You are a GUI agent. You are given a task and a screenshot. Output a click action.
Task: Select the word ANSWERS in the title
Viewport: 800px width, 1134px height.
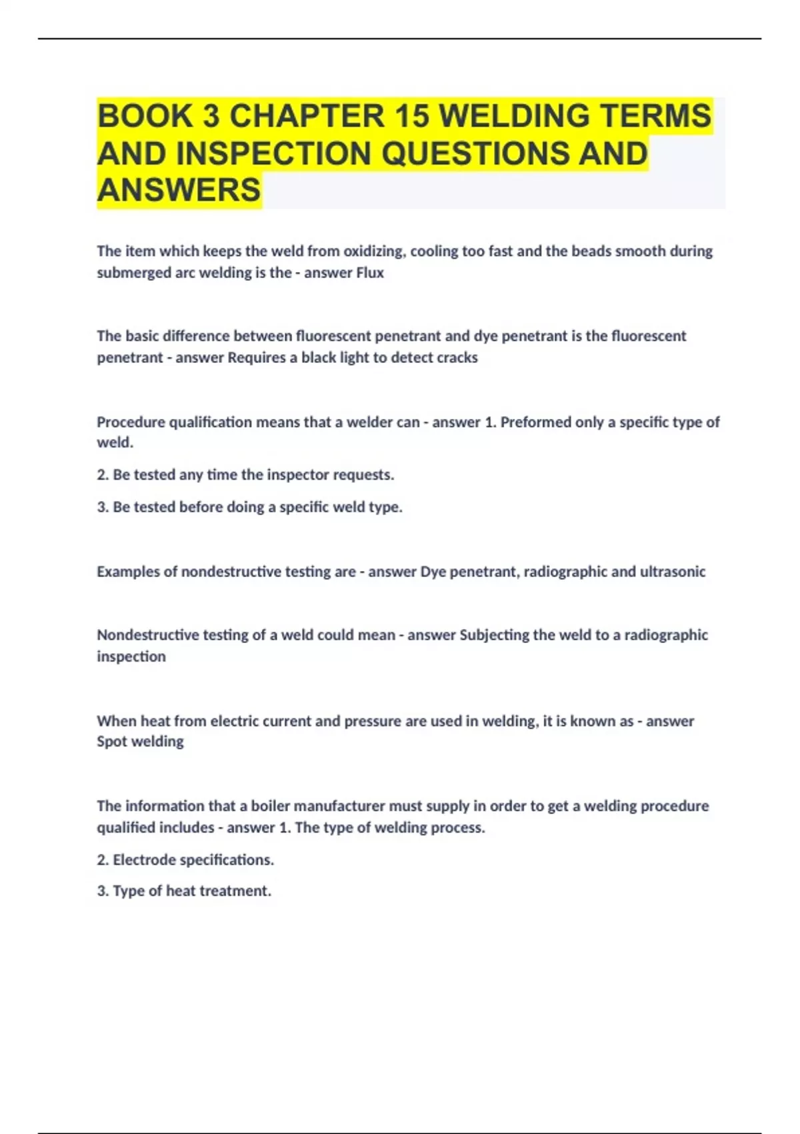[x=179, y=190]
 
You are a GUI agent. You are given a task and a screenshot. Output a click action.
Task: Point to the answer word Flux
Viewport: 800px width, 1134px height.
[x=370, y=273]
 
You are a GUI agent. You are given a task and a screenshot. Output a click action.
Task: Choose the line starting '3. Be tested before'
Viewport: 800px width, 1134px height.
[x=249, y=507]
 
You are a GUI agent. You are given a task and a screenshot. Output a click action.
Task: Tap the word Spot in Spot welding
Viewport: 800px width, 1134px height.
[x=112, y=742]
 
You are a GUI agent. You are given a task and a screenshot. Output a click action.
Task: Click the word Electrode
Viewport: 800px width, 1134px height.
[x=144, y=860]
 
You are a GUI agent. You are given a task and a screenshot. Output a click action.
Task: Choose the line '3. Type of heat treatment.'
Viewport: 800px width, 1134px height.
[x=184, y=891]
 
